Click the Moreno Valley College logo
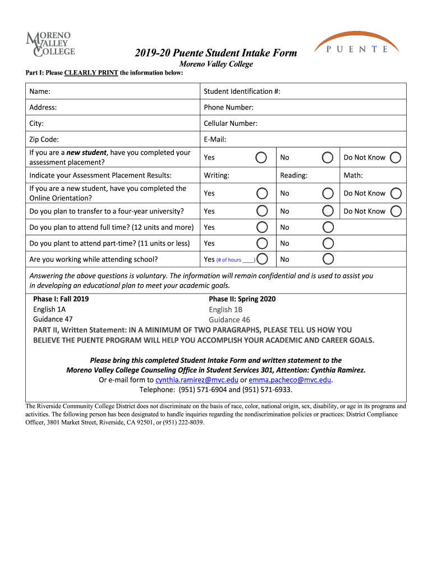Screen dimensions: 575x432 coord(50,44)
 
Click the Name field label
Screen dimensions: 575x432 coord(40,91)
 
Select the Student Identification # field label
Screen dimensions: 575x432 coord(242,91)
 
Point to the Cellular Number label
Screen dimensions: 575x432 coord(230,123)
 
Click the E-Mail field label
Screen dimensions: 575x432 coord(215,139)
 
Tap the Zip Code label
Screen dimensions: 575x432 coord(44,139)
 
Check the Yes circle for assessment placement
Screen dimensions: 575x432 coord(261,157)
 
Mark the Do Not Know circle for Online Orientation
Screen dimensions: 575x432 coord(396,193)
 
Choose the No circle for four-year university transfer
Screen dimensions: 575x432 coord(328,211)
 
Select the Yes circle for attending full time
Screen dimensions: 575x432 coord(261,227)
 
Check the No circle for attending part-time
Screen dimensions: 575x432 coord(328,243)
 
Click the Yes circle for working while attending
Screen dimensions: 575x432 coord(261,259)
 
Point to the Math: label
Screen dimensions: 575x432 coord(353,175)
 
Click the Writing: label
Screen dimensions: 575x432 coord(217,175)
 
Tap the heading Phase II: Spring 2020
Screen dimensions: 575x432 coord(242,299)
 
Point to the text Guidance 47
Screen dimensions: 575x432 coord(53,320)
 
